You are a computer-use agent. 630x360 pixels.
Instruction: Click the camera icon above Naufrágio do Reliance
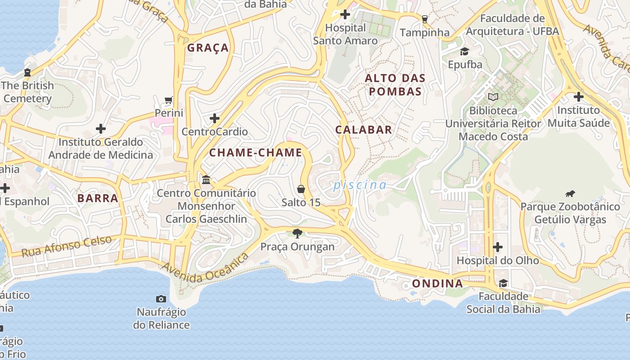161,299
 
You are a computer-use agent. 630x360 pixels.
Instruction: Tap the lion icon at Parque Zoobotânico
570,194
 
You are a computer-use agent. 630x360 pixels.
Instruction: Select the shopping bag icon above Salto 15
301,189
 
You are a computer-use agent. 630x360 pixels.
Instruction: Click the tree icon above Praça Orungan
297,233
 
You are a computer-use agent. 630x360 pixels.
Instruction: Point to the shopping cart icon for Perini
169,100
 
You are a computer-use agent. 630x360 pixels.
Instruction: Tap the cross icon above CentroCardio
215,118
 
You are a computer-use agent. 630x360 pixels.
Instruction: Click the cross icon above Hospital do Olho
497,247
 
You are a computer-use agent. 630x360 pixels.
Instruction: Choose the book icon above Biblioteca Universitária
493,97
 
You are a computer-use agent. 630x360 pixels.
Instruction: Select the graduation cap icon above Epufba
464,51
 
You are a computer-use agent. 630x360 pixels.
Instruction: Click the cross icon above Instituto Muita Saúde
578,97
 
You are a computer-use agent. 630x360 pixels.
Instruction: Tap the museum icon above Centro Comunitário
206,180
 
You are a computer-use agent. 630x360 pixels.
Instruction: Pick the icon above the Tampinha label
424,19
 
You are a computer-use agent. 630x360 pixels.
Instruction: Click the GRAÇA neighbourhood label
208,48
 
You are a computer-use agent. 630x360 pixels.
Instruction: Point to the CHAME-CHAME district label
256,153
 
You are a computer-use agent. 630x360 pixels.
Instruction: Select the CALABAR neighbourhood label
364,130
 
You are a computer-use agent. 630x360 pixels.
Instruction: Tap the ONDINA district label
437,283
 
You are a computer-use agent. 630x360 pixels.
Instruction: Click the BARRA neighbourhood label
98,198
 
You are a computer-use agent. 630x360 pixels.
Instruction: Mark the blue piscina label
360,185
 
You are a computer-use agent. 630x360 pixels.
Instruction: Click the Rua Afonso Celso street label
67,246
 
